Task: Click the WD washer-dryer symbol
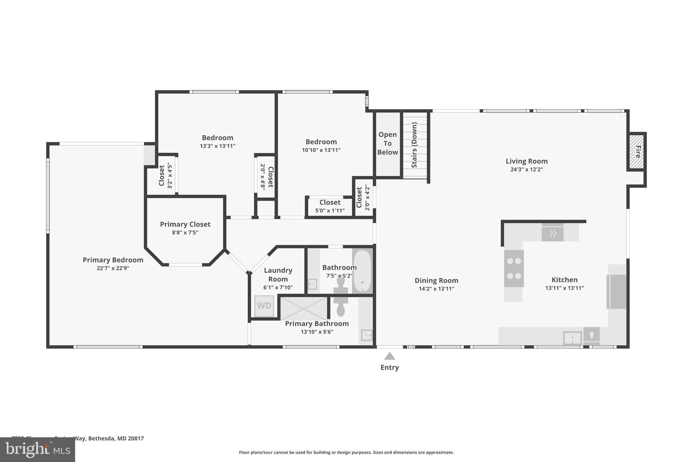pos(264,306)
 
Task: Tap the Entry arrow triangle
pos(389,356)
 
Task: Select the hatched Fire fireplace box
pos(637,152)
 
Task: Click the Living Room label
pos(527,161)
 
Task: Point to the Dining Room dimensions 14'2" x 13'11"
pos(436,289)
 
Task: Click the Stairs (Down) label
pos(414,145)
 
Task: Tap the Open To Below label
pos(387,144)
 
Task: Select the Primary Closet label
pos(185,224)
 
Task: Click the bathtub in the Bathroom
pos(362,271)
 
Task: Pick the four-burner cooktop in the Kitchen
pos(514,268)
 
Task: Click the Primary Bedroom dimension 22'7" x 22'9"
pos(113,268)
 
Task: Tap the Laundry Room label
pos(278,274)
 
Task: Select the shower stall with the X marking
pos(304,308)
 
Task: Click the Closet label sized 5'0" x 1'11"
pos(330,202)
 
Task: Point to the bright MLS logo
pos(38,450)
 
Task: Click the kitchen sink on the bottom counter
pos(572,338)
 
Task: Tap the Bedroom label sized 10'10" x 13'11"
pos(321,142)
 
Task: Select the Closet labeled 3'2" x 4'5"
pos(162,175)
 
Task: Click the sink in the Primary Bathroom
pos(366,335)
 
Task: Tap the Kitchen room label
pos(564,280)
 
